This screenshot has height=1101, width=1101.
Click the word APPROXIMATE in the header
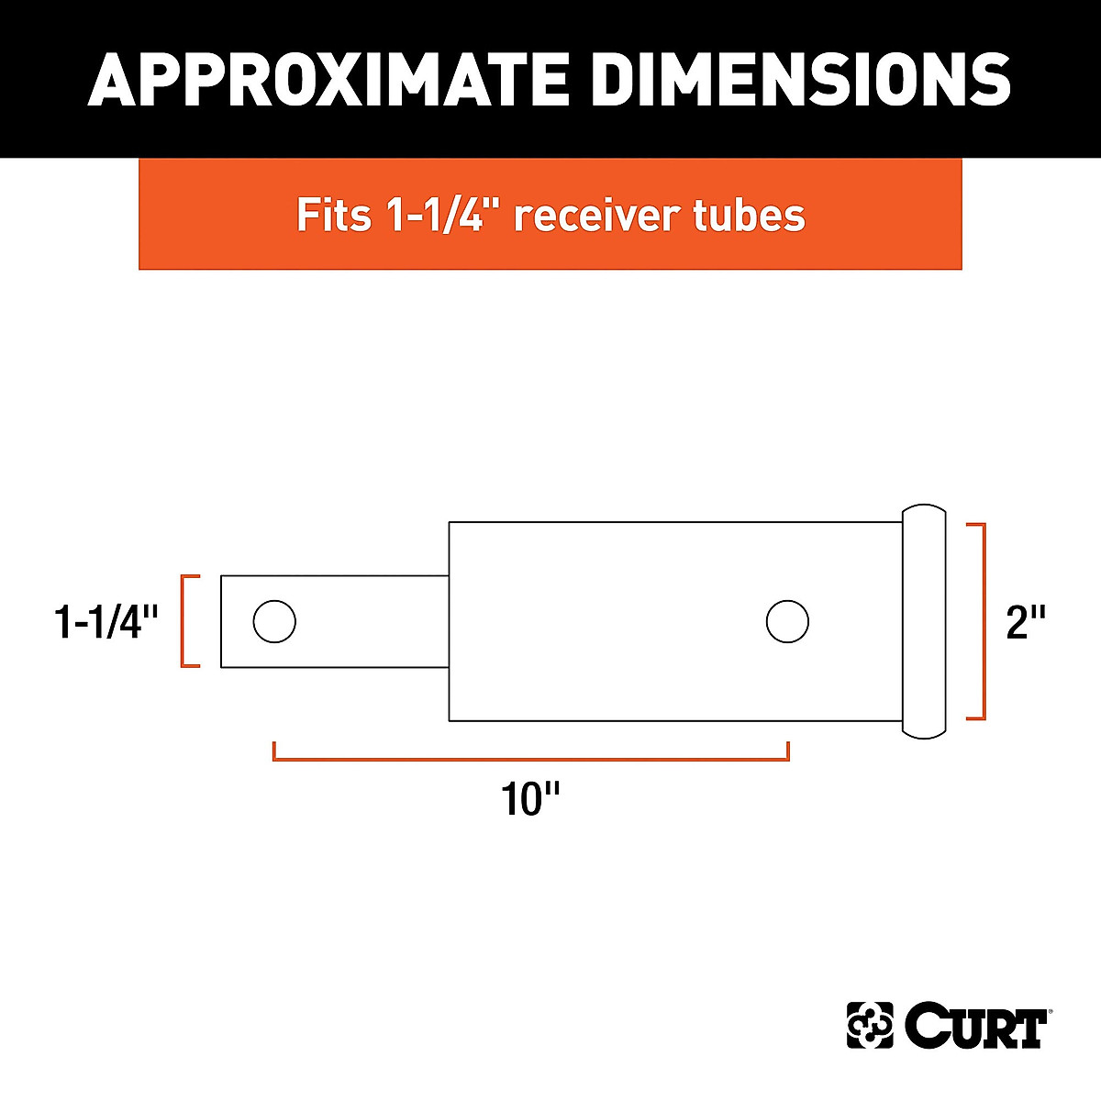328,79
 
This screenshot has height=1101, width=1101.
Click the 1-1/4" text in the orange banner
441,215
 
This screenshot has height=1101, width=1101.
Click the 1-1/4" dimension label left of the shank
106,622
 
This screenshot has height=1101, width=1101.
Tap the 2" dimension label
1026,622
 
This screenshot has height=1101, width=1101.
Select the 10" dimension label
530,799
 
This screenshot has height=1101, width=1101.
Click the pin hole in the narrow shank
274,622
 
